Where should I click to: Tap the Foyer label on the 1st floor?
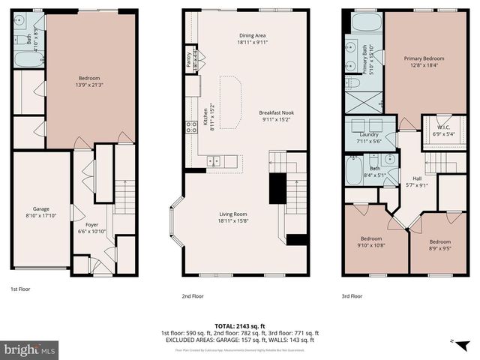pos(91,224)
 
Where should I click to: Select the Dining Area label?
pos(252,35)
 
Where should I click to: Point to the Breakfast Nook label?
pos(276,112)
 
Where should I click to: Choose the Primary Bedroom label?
pos(424,58)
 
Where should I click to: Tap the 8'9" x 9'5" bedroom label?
pos(439,242)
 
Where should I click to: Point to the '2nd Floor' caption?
pos(192,295)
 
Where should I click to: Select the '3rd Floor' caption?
pos(352,295)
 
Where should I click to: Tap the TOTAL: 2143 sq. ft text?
pos(240,325)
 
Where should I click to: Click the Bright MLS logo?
pos(30,350)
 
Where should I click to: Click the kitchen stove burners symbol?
pos(192,127)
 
